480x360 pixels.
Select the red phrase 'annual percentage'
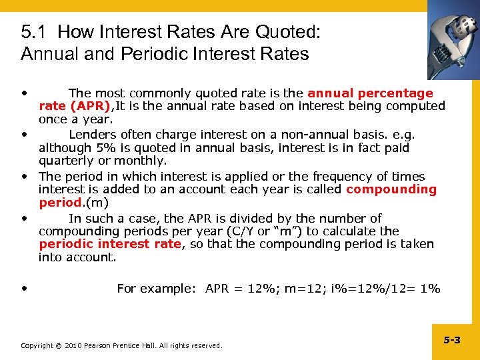[x=370, y=93]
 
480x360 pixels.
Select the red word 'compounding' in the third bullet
[x=391, y=189]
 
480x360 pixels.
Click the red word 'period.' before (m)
[x=61, y=202]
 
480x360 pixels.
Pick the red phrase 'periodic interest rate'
[x=110, y=244]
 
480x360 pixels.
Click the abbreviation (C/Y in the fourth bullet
[x=266, y=231]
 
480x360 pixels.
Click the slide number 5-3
[x=452, y=340]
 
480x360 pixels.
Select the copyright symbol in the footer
[x=57, y=345]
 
